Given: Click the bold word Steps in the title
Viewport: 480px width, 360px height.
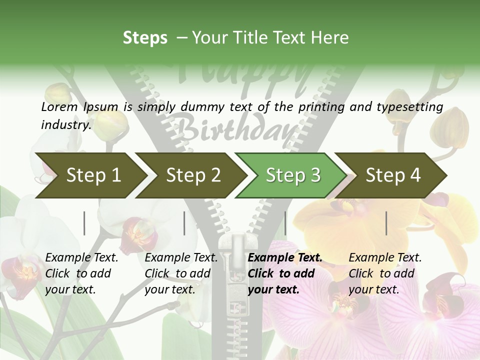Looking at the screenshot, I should (145, 38).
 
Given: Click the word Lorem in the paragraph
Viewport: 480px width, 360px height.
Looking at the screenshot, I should (59, 107).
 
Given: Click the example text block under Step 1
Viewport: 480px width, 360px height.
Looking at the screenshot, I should (81, 273).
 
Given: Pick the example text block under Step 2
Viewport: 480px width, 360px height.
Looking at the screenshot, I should (181, 273).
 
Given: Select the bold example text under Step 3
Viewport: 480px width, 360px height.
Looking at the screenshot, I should (285, 273).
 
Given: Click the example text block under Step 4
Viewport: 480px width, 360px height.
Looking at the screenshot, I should (385, 273).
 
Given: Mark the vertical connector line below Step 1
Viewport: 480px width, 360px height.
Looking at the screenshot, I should (84, 223).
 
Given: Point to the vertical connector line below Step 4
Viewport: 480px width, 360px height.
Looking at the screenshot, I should (386, 223).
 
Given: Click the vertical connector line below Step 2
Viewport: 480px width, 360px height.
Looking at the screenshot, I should (184, 223).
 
